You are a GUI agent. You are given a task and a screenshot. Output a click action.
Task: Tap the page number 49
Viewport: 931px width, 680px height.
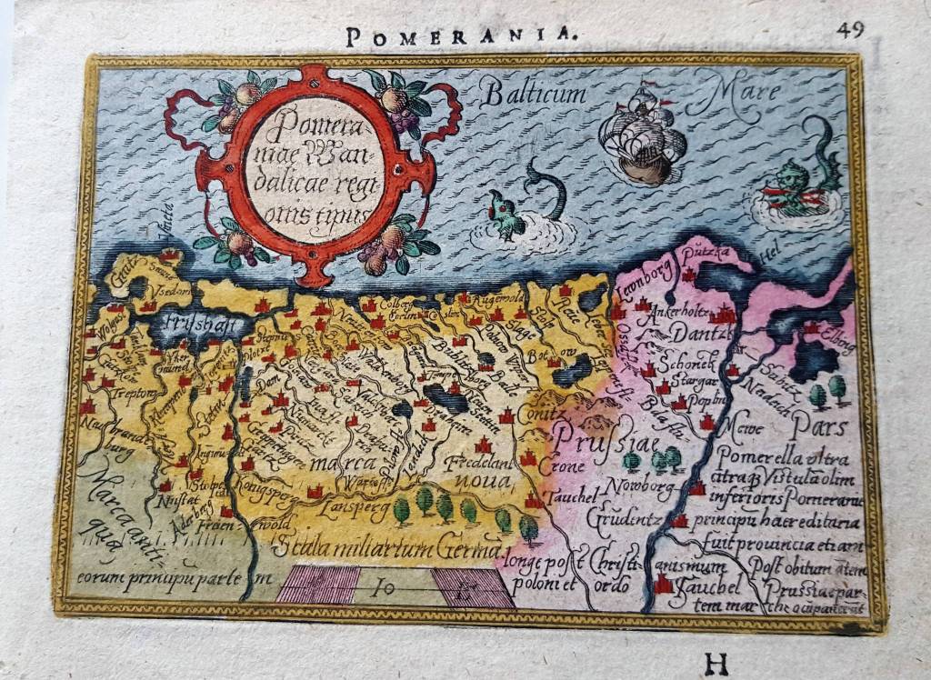tap(850, 28)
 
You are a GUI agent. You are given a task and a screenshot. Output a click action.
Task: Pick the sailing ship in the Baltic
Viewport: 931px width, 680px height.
tap(642, 136)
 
